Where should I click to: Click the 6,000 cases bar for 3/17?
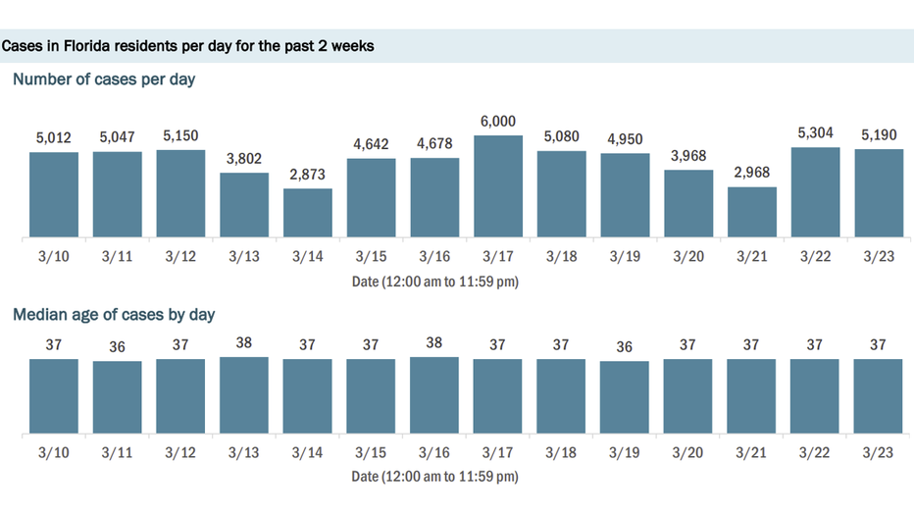point(497,186)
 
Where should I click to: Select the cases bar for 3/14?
point(308,213)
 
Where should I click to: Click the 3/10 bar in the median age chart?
point(53,396)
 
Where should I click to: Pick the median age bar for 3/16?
point(434,395)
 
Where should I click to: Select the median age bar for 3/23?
point(878,396)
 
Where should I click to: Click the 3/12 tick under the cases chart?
point(180,257)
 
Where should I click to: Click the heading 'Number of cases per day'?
point(104,79)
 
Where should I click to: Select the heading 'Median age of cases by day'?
point(114,315)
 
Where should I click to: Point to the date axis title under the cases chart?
point(434,282)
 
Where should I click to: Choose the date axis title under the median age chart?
point(434,477)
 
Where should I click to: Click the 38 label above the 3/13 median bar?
point(244,344)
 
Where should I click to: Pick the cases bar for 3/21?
point(751,212)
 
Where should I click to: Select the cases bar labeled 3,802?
point(244,205)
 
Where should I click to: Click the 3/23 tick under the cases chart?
point(878,257)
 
